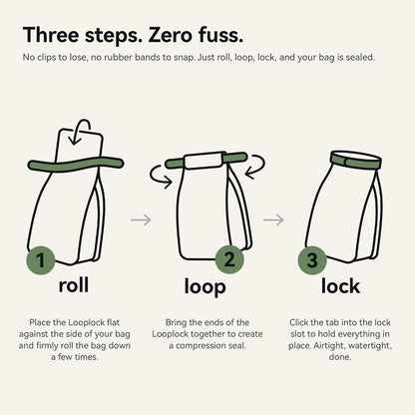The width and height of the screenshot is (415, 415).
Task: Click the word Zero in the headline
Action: pos(170,35)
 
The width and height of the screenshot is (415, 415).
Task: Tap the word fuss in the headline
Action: pos(217,35)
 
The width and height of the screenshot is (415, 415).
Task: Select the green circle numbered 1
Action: pos(41,260)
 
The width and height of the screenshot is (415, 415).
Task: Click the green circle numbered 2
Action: pos(229,259)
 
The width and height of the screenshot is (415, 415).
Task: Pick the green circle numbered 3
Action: pos(312,260)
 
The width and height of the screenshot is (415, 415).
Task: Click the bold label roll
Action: pos(74,285)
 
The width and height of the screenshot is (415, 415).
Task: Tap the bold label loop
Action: pos(206,286)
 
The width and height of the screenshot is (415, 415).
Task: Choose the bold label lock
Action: pos(340,286)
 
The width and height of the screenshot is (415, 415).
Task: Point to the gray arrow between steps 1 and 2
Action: pos(141,219)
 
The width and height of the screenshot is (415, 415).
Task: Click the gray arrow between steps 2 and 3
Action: pos(273,219)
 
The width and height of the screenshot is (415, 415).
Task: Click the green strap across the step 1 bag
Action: pos(76,165)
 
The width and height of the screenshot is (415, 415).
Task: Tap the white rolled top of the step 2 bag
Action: pos(204,161)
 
